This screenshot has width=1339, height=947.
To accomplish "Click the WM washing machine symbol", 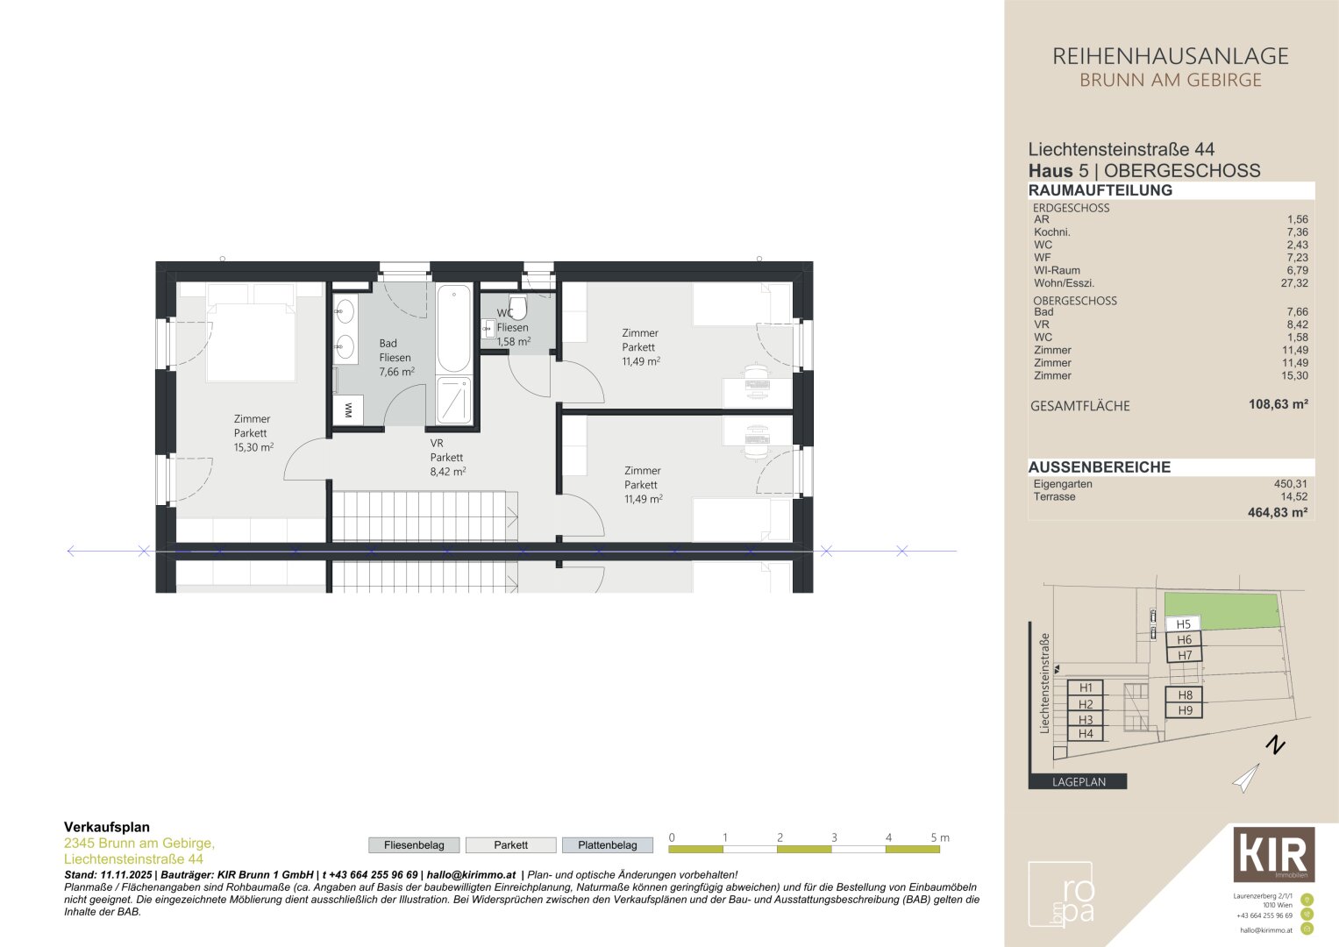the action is (348, 410).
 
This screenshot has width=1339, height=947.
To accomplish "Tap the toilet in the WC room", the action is (518, 307).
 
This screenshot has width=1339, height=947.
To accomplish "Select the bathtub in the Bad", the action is (453, 329).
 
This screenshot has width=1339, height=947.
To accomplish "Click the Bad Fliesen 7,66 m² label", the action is (396, 358).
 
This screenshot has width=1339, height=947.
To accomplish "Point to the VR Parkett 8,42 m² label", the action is (448, 458).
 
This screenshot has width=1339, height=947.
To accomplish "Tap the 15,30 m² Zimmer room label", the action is (253, 433).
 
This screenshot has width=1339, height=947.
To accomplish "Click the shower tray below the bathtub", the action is (453, 400).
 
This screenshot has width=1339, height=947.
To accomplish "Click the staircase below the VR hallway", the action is (424, 516).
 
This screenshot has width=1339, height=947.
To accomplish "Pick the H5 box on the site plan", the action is (1184, 624).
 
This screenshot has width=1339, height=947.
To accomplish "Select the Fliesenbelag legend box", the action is (414, 844).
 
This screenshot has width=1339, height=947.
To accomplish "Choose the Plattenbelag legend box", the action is (608, 844).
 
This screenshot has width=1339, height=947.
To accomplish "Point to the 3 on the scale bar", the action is (834, 837).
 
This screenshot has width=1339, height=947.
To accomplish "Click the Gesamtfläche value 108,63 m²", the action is (1278, 404).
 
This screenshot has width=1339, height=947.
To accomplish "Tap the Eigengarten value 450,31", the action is (1291, 484).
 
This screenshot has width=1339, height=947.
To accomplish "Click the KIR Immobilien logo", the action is (1274, 854).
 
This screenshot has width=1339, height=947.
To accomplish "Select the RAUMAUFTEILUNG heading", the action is (1100, 190).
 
